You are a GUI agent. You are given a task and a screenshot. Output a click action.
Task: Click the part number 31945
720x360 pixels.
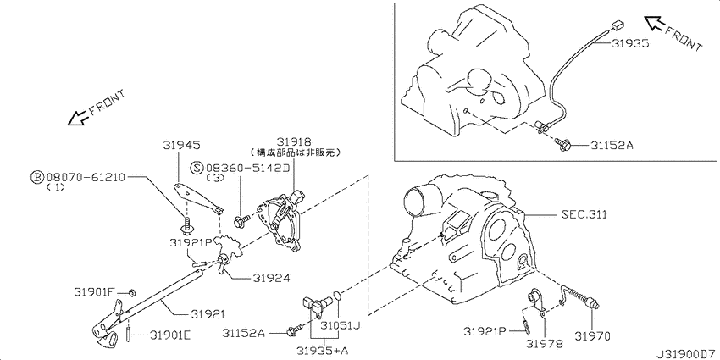click(181, 146)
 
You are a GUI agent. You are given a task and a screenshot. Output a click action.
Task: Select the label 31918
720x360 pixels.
click(293, 141)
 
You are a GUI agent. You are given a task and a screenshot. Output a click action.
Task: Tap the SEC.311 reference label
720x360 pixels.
click(584, 214)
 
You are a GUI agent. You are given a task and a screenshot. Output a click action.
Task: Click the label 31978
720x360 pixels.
click(545, 343)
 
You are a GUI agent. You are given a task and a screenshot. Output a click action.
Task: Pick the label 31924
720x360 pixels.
click(271, 278)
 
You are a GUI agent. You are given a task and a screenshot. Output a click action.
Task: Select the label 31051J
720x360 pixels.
click(340, 326)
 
